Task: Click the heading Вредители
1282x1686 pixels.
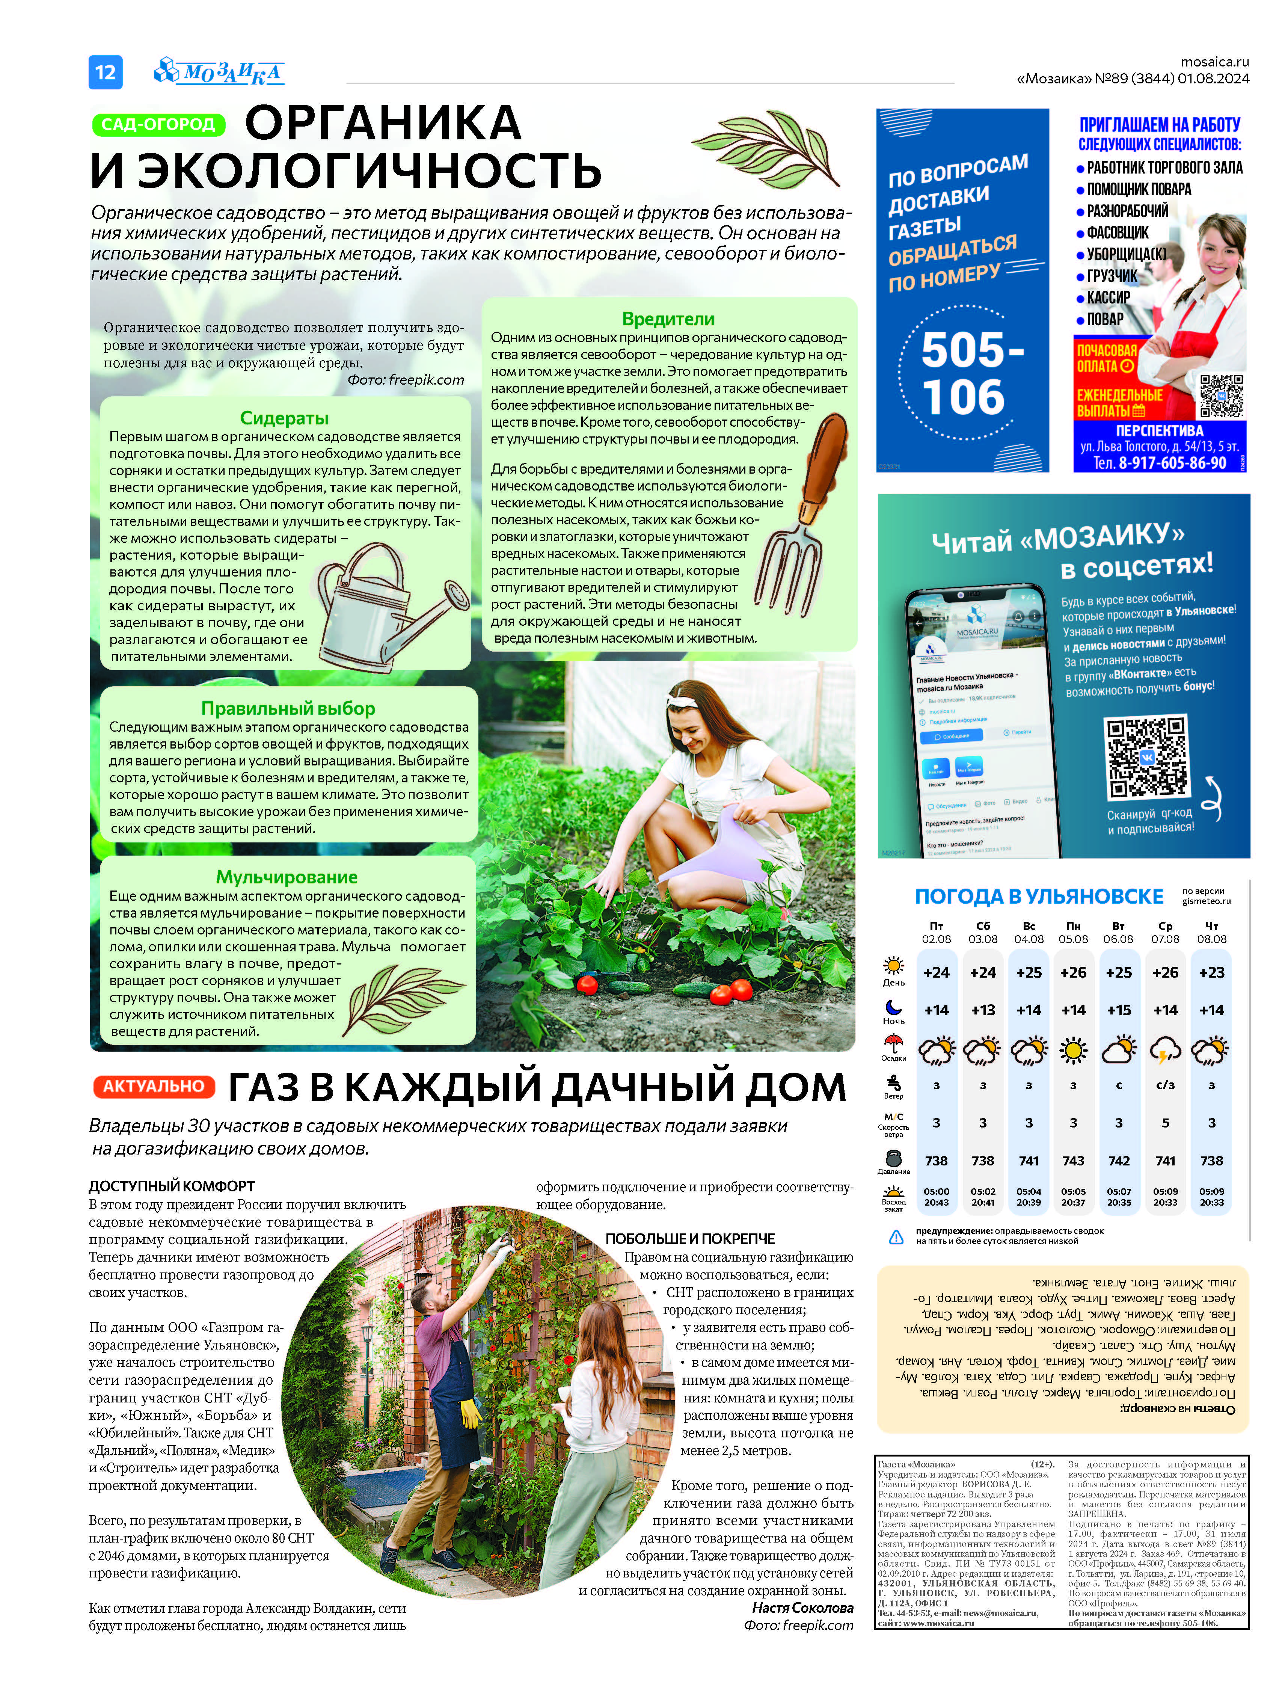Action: click(668, 319)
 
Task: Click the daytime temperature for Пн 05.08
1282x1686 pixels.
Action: click(1073, 972)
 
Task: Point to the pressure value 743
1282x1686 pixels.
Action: click(1073, 1161)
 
